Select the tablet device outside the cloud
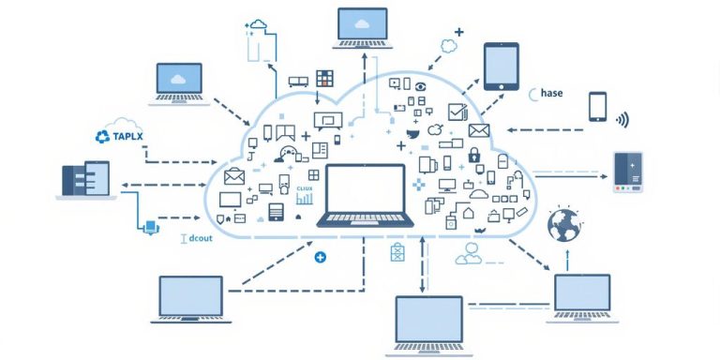pyautogui.click(x=501, y=67)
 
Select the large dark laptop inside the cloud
pyautogui.click(x=365, y=195)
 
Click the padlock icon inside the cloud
pyautogui.click(x=474, y=154)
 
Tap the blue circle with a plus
pyautogui.click(x=321, y=256)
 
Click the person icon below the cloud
pyautogui.click(x=468, y=252)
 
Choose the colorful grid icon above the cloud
pyautogui.click(x=325, y=79)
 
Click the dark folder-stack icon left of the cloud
pyautogui.click(x=85, y=179)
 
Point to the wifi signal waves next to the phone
pyautogui.click(x=621, y=119)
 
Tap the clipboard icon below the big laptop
pyautogui.click(x=397, y=251)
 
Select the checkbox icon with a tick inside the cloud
pyautogui.click(x=457, y=112)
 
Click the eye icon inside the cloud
pyautogui.click(x=419, y=86)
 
